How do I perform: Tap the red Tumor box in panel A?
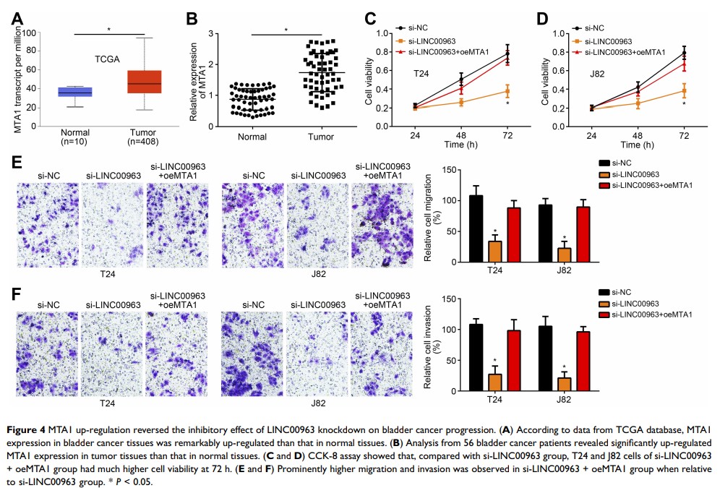144,82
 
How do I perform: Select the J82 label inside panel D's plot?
596,74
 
